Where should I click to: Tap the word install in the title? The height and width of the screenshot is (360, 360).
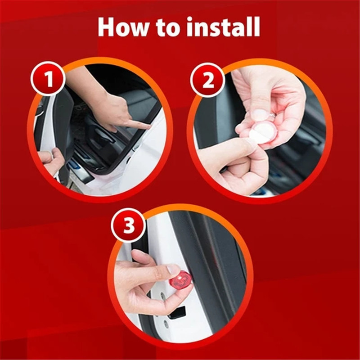coord(223,27)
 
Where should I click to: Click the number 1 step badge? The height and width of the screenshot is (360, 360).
coord(48,79)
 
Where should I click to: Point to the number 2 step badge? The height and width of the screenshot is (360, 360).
coord(208,81)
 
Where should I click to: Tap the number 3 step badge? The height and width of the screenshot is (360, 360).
coord(129,225)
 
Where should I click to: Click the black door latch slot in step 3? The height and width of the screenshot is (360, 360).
coord(177,312)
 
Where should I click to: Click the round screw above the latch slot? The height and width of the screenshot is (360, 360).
coord(162,297)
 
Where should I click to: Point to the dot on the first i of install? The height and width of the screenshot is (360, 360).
coord(190,20)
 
